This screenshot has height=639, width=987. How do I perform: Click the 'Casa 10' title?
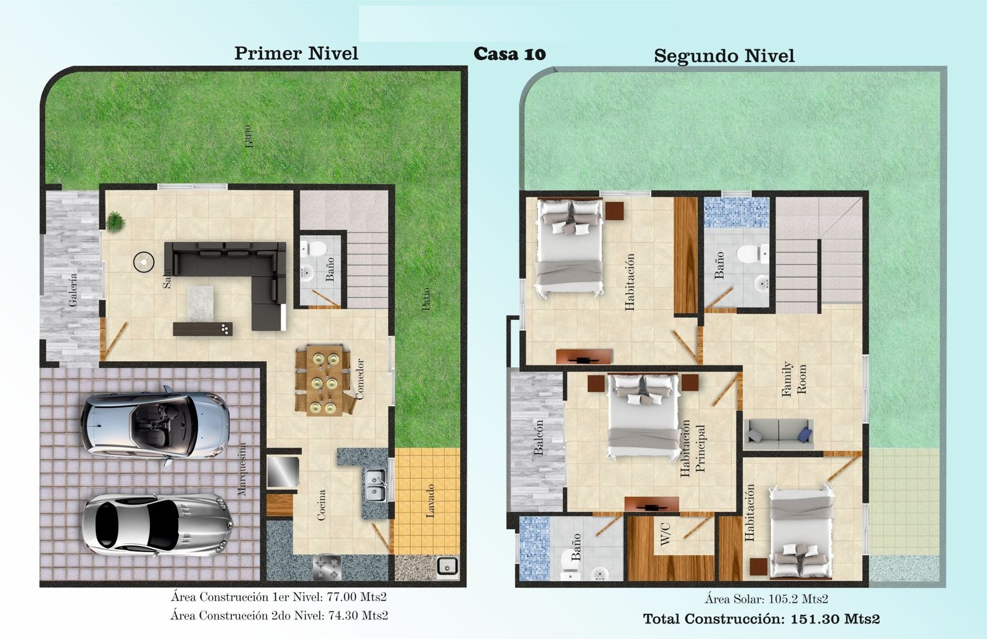pyautogui.click(x=510, y=54)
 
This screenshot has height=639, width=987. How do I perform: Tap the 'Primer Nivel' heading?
pyautogui.click(x=296, y=53)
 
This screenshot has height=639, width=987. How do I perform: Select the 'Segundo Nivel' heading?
pyautogui.click(x=724, y=56)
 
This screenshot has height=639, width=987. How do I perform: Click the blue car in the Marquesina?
pyautogui.click(x=155, y=425)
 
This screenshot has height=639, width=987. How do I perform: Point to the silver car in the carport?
pyautogui.click(x=157, y=525)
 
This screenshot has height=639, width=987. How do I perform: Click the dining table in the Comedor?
pyautogui.click(x=324, y=380)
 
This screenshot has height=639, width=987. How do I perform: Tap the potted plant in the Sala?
pyautogui.click(x=115, y=221)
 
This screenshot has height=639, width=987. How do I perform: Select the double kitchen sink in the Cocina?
pyautogui.click(x=376, y=485)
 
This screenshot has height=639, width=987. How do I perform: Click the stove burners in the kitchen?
pyautogui.click(x=327, y=568)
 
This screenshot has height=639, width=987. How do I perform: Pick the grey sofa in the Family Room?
pyautogui.click(x=778, y=434)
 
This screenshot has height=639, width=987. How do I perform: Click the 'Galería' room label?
pyautogui.click(x=73, y=290)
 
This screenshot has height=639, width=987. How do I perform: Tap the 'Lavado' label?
pyautogui.click(x=430, y=501)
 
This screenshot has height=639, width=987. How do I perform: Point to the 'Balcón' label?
pyautogui.click(x=539, y=438)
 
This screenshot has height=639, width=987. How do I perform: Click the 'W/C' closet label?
pyautogui.click(x=666, y=534)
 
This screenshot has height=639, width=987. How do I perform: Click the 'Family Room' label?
pyautogui.click(x=794, y=380)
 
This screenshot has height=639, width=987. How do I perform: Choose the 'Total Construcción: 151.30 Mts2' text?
pyautogui.click(x=761, y=619)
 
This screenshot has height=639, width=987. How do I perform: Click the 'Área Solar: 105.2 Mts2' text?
pyautogui.click(x=766, y=599)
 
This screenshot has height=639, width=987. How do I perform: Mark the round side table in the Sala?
pyautogui.click(x=144, y=262)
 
